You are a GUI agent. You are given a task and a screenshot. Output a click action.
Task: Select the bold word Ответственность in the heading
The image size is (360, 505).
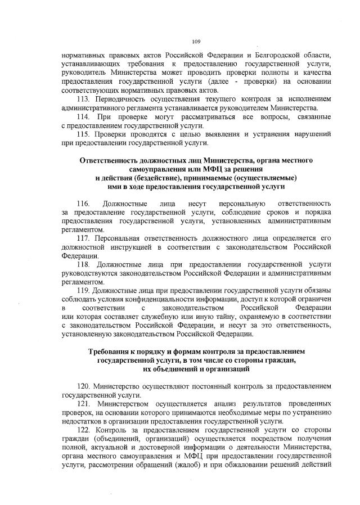pos(111,160)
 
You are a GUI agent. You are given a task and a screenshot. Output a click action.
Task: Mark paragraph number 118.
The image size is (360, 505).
pos(84,264)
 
